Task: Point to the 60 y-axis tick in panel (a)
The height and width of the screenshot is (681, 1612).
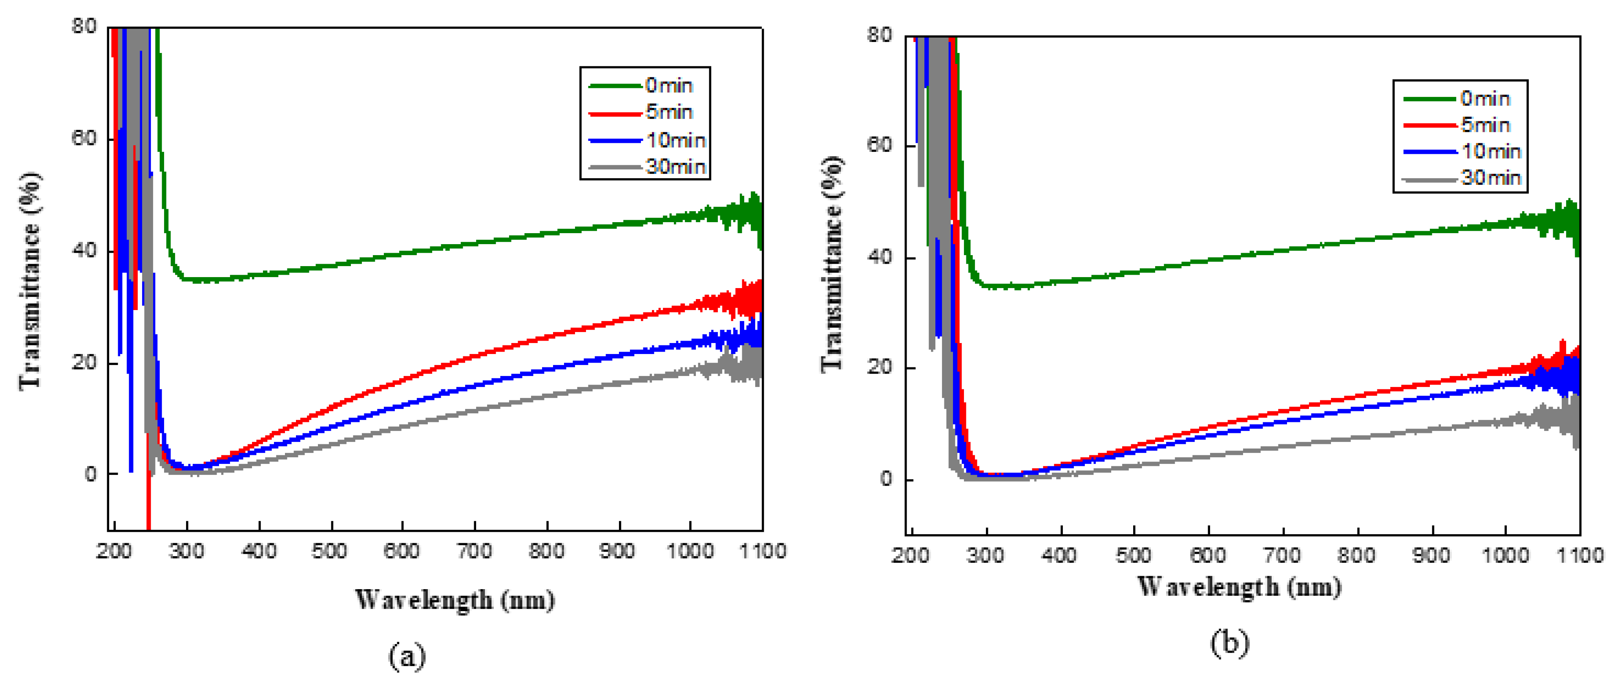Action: click(84, 138)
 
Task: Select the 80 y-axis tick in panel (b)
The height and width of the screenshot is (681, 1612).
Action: click(879, 36)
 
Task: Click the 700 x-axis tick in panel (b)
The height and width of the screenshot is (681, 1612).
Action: click(1282, 555)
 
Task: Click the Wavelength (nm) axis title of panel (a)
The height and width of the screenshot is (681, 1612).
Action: click(455, 600)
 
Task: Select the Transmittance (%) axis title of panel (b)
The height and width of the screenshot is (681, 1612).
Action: click(832, 263)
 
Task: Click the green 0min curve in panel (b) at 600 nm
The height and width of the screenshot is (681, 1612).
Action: click(1209, 259)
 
